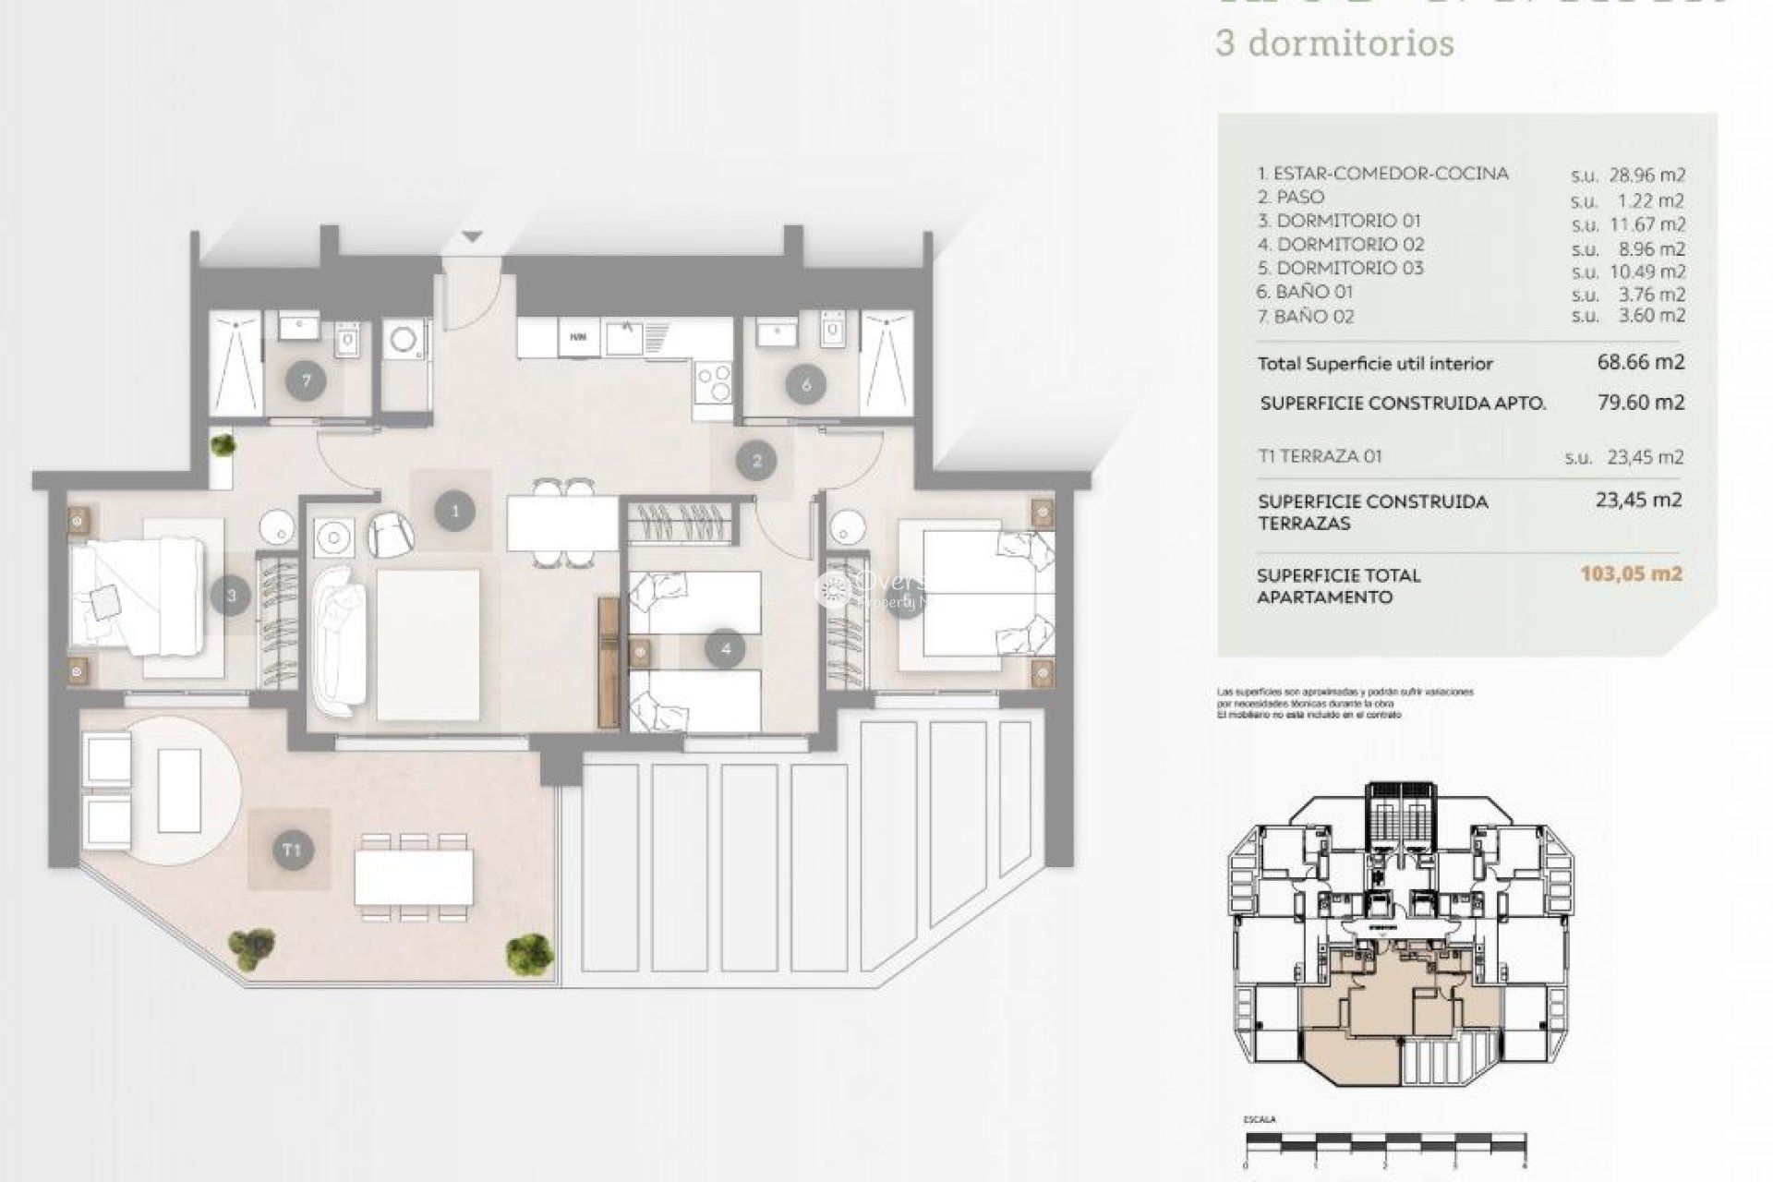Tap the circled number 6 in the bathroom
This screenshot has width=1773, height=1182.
[806, 384]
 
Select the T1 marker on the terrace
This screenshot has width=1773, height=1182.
[292, 850]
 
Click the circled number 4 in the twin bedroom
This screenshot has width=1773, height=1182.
[725, 649]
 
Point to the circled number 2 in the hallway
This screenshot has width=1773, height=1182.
[757, 460]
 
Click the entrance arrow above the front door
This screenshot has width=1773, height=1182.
[473, 237]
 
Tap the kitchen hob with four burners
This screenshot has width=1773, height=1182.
[712, 380]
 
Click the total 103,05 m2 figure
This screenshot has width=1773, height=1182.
[1631, 573]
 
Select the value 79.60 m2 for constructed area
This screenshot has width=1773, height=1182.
[1641, 403]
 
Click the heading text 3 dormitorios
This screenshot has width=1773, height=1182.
[1334, 43]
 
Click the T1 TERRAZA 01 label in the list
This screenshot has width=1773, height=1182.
[1320, 456]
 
